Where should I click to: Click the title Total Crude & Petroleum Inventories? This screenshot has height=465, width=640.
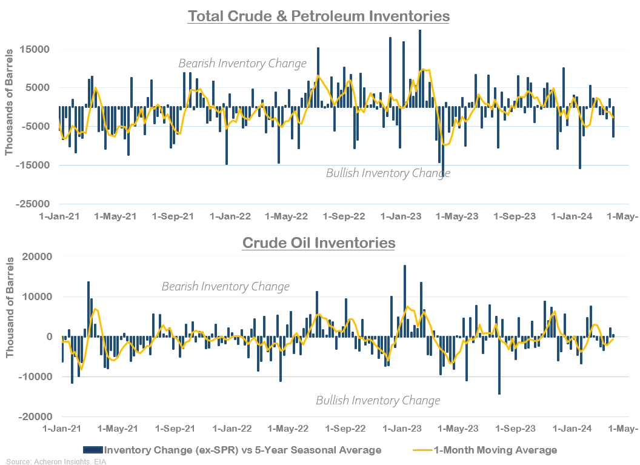319,16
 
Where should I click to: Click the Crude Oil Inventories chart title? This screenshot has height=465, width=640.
319,243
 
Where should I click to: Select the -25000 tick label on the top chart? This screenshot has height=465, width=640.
34,204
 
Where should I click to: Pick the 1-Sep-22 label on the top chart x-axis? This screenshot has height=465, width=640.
344,216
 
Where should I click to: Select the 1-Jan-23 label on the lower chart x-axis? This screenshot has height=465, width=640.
402,429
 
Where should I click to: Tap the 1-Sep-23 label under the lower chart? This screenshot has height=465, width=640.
515,429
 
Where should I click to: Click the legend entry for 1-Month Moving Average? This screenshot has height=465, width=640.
485,450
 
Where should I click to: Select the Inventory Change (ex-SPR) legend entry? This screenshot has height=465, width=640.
233,450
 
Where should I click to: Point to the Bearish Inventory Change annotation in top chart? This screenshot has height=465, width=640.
242,63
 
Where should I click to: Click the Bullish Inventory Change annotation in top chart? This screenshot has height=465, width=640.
388,173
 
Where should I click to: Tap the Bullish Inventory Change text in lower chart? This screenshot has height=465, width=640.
378,401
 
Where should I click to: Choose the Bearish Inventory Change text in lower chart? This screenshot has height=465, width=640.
225,286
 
